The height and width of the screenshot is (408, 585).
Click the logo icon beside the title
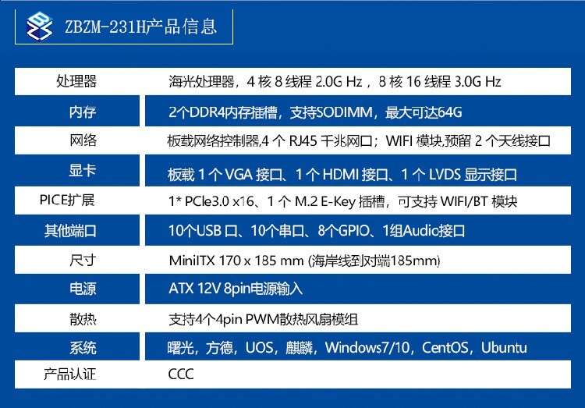40,26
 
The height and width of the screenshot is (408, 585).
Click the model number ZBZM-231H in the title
105,27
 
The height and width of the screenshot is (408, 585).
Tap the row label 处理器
76,81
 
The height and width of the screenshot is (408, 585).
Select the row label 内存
83,112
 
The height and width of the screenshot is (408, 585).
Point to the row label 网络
83,140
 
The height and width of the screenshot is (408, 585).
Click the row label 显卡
83,170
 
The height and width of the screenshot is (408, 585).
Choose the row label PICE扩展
67,200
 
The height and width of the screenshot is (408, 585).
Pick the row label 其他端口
70,231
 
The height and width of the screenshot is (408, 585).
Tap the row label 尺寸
83,260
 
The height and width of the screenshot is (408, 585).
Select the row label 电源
83,289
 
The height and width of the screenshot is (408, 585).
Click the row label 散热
83,319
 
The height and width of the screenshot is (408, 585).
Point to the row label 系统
83,347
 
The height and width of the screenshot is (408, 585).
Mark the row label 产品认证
69,374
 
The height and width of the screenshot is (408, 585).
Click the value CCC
181,374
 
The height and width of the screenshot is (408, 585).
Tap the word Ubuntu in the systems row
504,347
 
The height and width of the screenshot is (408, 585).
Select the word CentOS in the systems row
445,347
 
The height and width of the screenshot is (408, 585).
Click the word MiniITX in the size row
192,261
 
